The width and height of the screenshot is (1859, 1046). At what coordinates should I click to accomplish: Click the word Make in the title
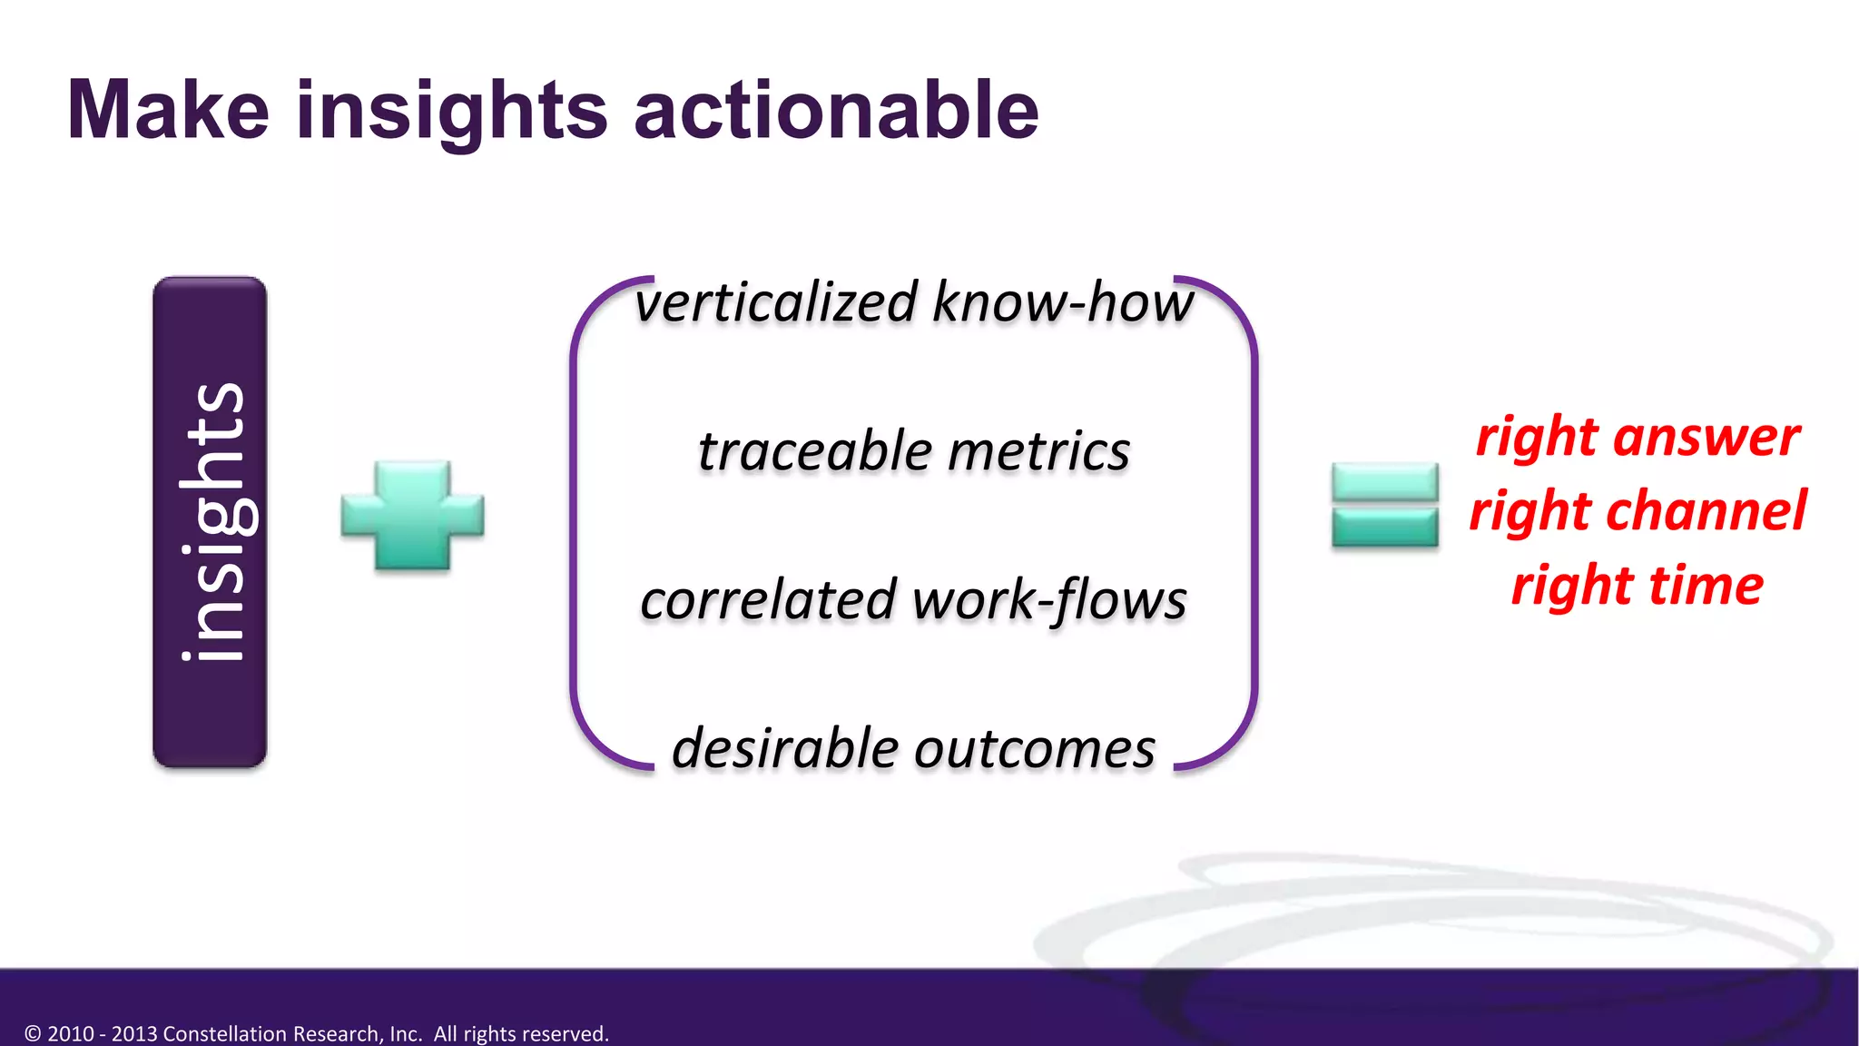(168, 111)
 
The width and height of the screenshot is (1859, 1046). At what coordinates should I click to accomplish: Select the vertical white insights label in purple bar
(211, 522)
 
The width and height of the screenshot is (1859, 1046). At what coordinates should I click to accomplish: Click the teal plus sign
(412, 515)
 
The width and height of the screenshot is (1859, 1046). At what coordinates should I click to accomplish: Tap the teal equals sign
(1384, 505)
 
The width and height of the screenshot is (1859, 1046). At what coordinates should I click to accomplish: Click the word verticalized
(776, 302)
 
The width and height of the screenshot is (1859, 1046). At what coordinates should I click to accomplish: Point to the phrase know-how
(1062, 302)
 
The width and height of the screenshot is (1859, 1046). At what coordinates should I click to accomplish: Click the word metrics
(1038, 451)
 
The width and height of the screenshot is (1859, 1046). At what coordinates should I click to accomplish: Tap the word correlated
(768, 600)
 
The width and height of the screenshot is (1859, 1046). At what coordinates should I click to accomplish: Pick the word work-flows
(1049, 600)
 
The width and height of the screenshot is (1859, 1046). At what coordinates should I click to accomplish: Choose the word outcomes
(1035, 751)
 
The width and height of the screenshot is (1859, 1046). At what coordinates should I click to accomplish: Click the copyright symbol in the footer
(33, 1033)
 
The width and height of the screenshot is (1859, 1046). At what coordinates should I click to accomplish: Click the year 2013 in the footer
(133, 1033)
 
